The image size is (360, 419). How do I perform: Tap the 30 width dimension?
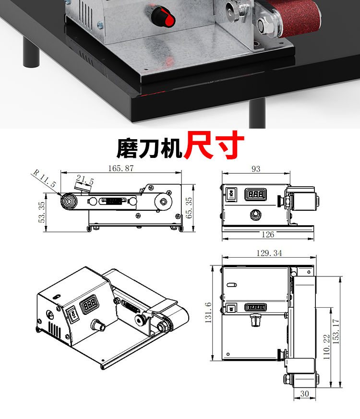click(304, 394)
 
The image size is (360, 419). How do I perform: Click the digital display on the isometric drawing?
click(90, 305)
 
